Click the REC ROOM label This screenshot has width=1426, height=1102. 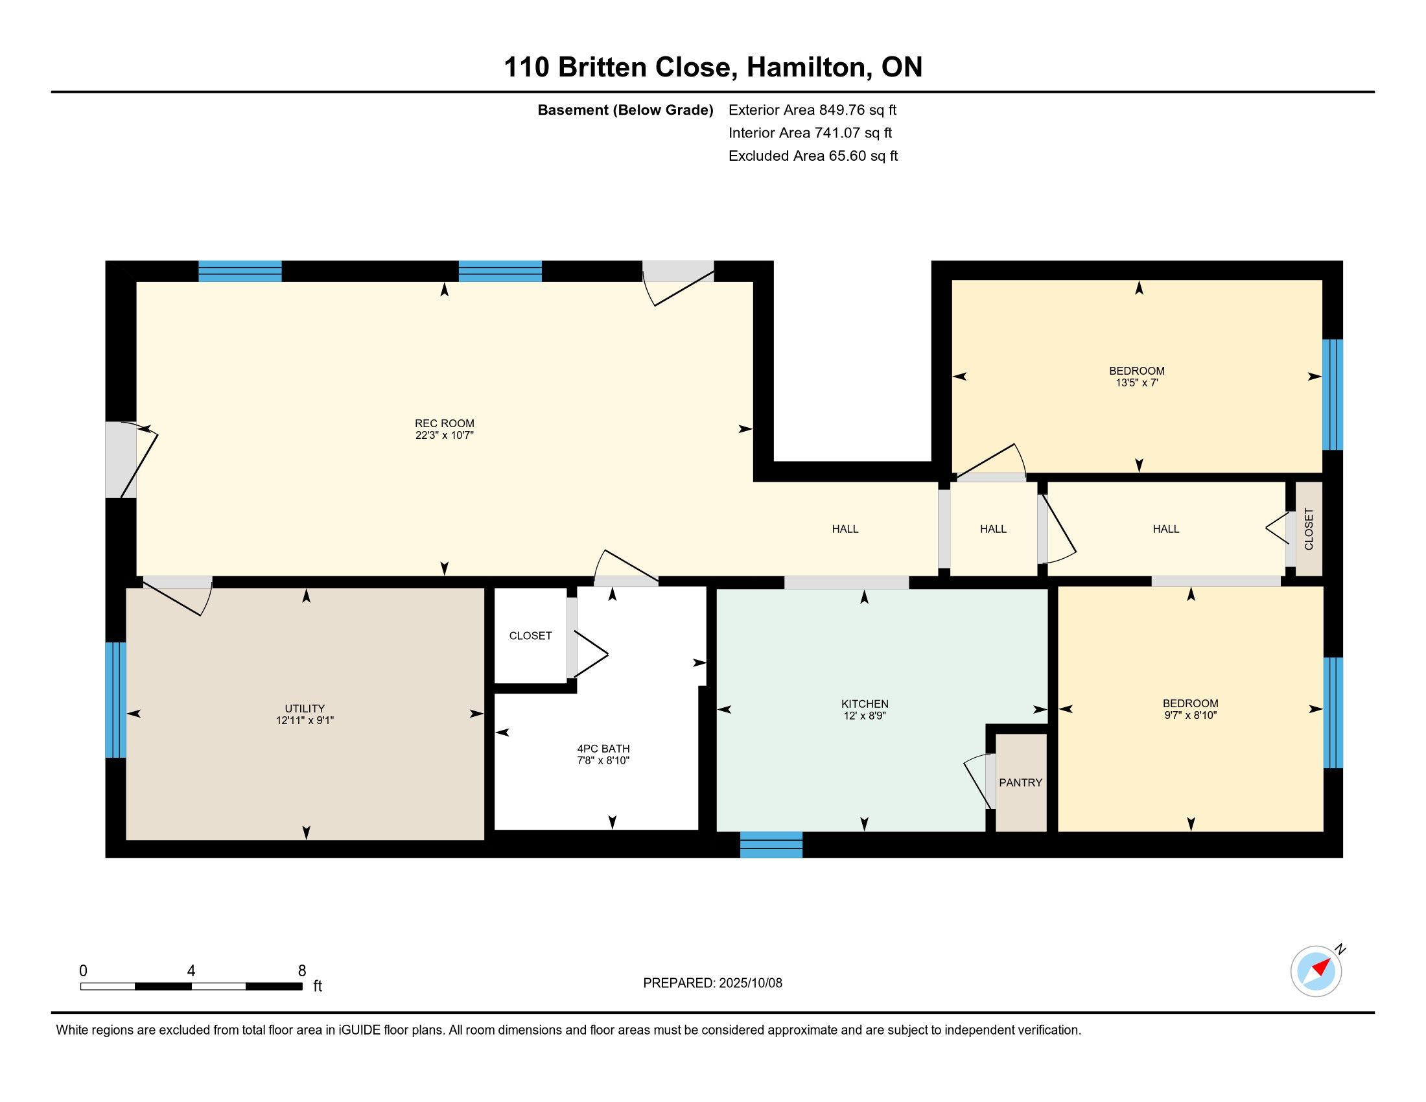(x=444, y=423)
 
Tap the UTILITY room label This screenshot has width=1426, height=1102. (x=304, y=709)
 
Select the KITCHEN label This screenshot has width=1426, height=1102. (x=865, y=704)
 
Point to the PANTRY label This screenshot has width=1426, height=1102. (x=1020, y=783)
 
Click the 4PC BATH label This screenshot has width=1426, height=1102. (x=603, y=749)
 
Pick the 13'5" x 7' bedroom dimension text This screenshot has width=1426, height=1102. (x=1137, y=382)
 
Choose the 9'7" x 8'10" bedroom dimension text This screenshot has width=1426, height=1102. (x=1190, y=715)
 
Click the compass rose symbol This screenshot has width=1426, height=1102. (x=1316, y=971)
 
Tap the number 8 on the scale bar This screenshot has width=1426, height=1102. (x=301, y=970)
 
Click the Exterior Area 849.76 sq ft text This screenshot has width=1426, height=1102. (x=812, y=110)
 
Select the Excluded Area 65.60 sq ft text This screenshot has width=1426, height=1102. (x=813, y=156)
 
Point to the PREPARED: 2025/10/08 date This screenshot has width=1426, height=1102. (x=712, y=983)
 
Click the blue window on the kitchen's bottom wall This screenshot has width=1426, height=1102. (x=771, y=844)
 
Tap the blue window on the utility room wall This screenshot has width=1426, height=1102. (x=115, y=700)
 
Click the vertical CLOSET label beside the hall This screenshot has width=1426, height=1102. (x=1309, y=529)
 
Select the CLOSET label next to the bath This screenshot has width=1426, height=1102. (x=530, y=636)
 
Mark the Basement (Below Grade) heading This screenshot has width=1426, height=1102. (x=625, y=110)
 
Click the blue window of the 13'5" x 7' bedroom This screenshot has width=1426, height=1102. (x=1333, y=394)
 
